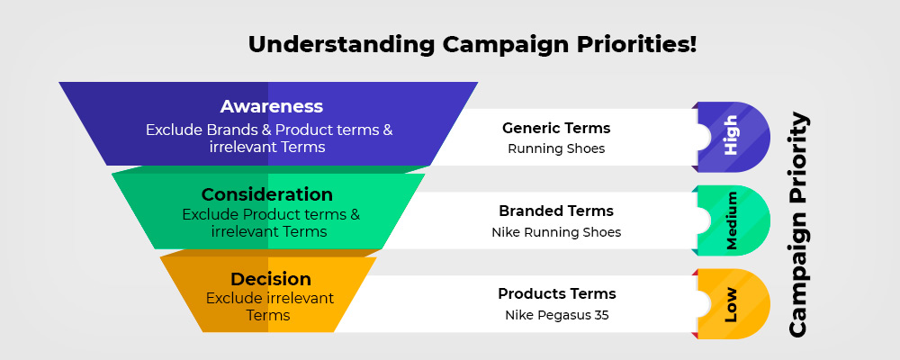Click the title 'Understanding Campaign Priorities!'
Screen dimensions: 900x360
472,45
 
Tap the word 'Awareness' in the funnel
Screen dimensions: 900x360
272,107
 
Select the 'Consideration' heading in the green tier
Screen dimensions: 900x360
267,194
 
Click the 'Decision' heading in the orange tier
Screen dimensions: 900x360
271,280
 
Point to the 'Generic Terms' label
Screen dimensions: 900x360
556,128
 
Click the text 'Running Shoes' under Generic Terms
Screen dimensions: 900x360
556,148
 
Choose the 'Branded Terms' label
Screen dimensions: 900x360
556,211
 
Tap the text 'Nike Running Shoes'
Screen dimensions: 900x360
556,232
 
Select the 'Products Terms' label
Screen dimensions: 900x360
557,294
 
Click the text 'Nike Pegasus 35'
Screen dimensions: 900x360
557,315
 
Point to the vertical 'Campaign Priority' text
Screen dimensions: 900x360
797,225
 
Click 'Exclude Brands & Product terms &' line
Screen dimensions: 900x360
269,130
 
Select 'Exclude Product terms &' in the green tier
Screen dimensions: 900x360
271,215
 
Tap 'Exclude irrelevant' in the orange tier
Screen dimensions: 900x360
270,299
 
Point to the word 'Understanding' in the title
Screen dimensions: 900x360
341,45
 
